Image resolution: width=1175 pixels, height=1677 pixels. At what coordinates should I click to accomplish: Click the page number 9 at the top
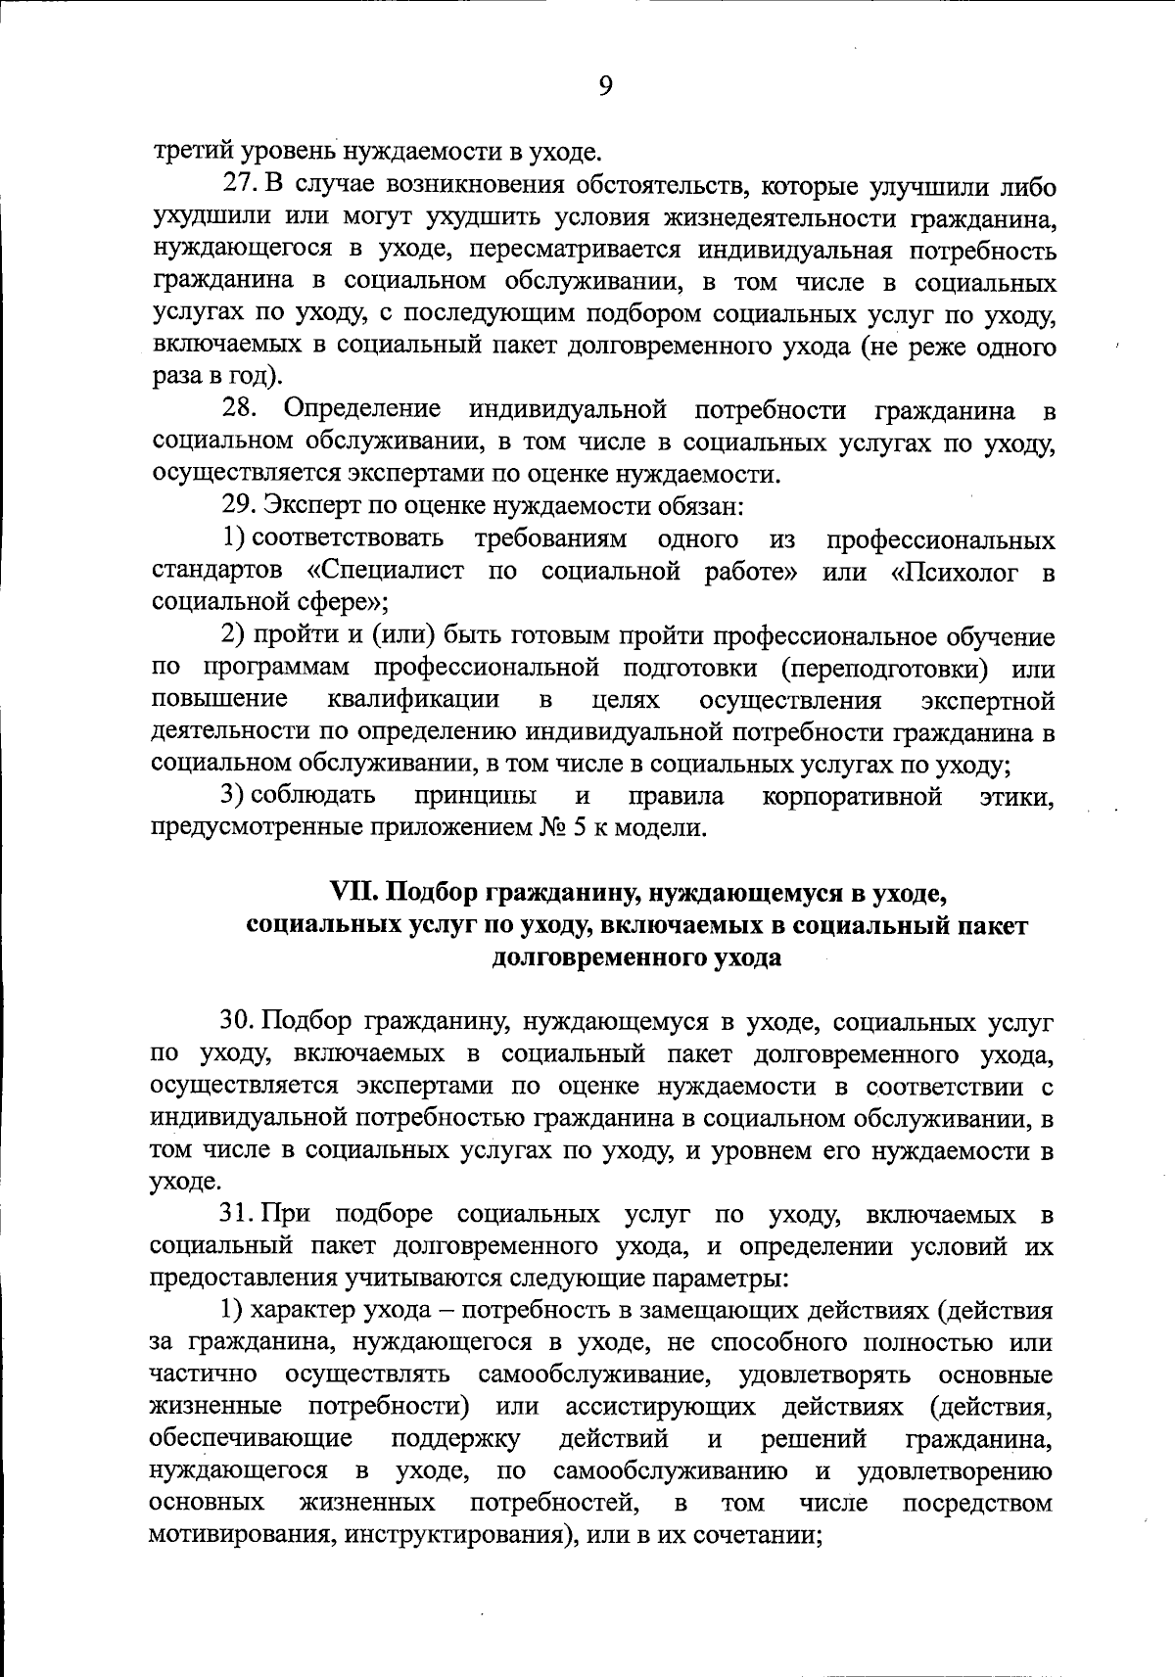pos(604,87)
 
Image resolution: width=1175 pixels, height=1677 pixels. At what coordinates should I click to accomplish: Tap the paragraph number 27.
pos(240,184)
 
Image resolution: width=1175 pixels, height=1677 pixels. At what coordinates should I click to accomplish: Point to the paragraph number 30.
pos(238,1020)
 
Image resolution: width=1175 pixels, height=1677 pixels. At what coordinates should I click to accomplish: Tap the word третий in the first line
pos(187,152)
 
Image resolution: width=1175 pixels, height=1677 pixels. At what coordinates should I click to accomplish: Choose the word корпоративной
pos(851,796)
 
